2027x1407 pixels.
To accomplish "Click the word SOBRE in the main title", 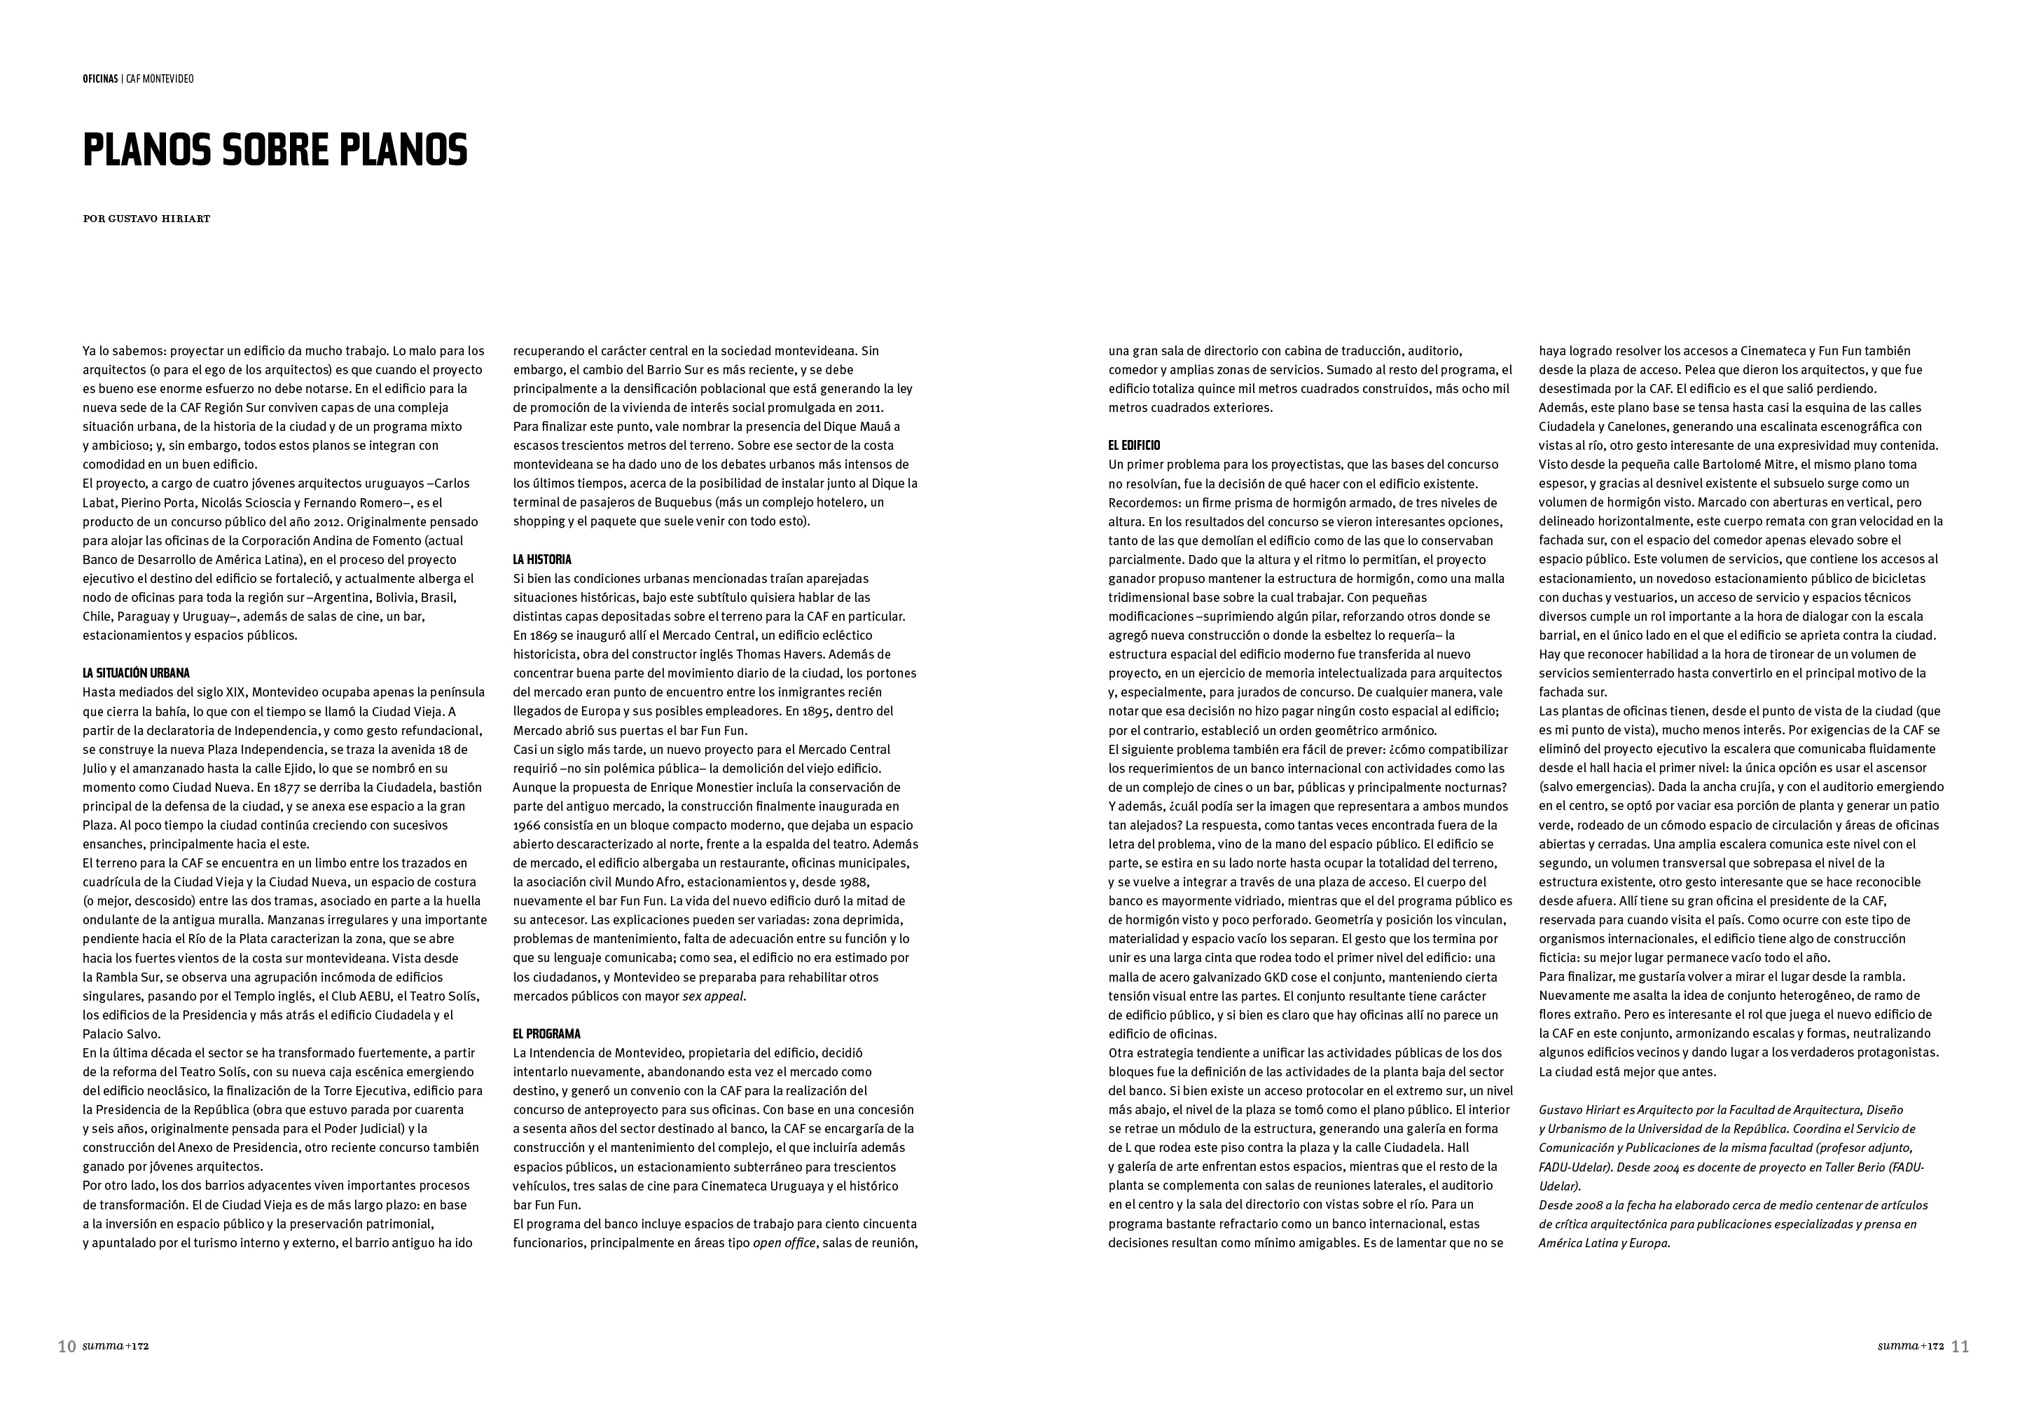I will tap(277, 151).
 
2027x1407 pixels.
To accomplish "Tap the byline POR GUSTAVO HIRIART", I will tap(146, 219).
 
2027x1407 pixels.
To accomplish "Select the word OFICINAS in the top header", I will tap(99, 79).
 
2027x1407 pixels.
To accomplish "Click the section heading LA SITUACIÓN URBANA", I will tap(136, 673).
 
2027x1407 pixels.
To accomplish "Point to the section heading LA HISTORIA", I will tap(542, 559).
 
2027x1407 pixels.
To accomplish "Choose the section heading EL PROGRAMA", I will tap(547, 1034).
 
